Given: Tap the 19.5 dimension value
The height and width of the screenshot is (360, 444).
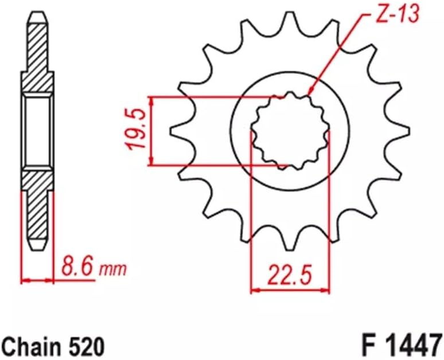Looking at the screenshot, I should click(x=138, y=131).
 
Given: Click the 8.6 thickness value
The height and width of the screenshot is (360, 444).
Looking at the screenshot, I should click(x=75, y=268).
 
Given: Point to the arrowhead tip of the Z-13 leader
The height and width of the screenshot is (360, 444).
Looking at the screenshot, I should click(x=309, y=93).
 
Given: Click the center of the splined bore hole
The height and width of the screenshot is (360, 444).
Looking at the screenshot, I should click(x=290, y=131).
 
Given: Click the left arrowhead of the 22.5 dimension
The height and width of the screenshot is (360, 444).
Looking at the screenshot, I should click(x=254, y=291).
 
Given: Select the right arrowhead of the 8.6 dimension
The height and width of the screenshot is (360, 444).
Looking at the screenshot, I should click(x=52, y=280).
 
